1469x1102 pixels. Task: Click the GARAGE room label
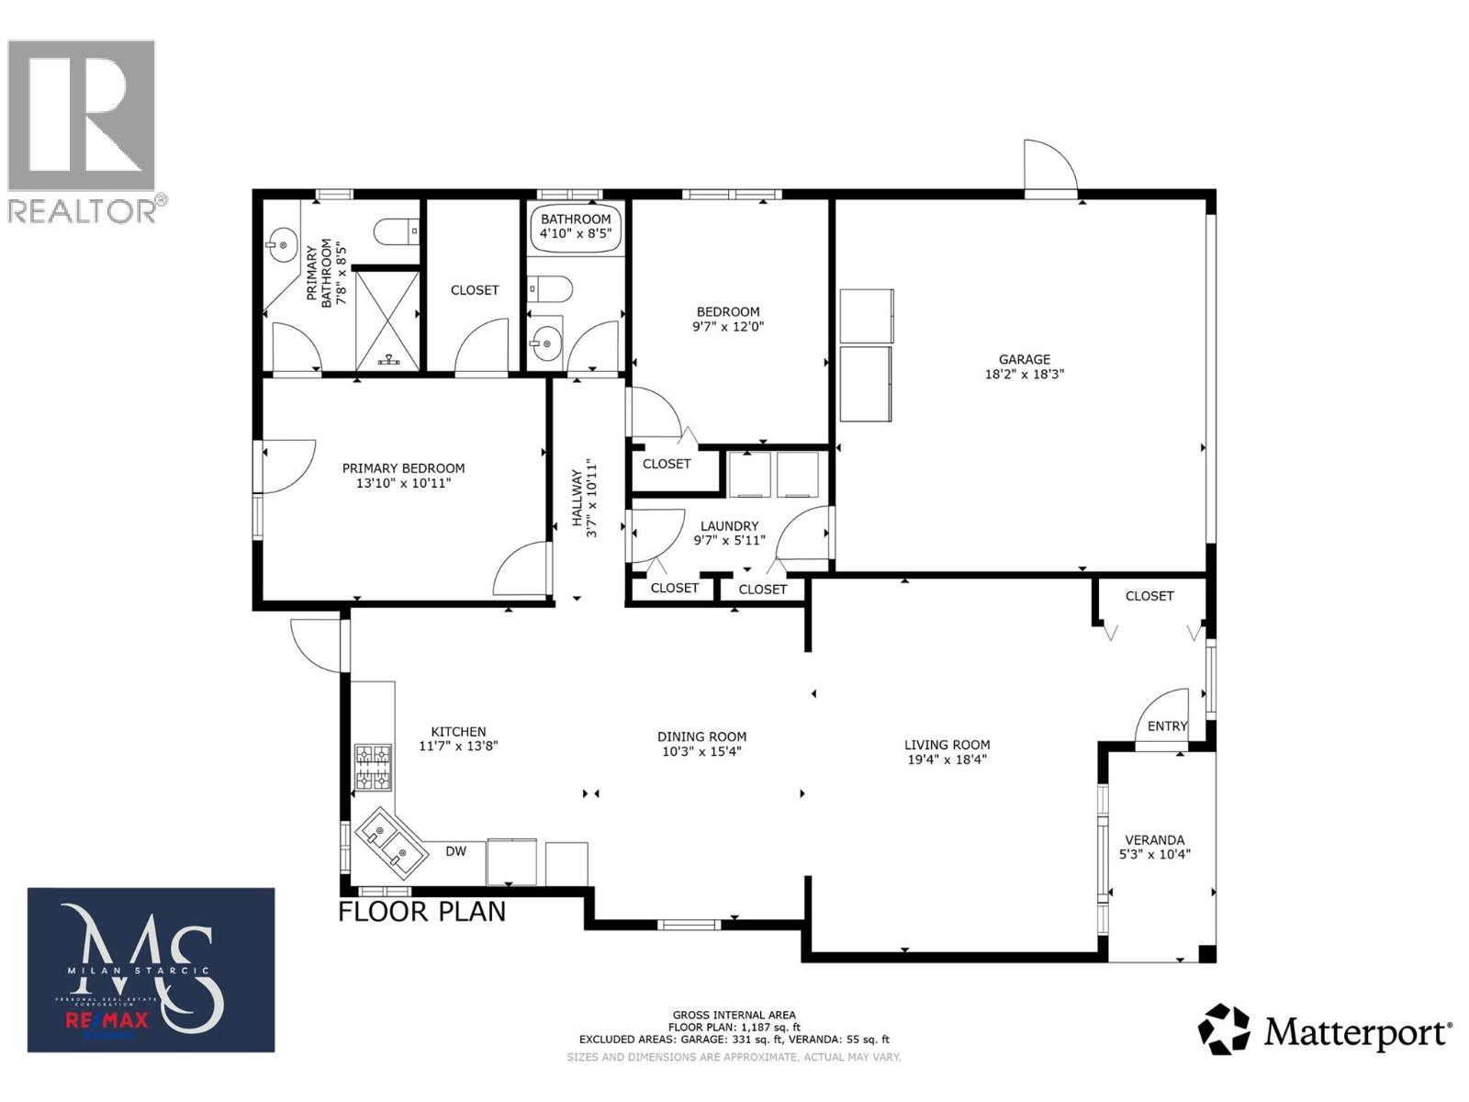(x=1024, y=359)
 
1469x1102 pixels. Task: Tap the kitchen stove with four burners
(x=374, y=768)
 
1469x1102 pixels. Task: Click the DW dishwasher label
(x=456, y=851)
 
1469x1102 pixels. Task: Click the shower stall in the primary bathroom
(x=387, y=319)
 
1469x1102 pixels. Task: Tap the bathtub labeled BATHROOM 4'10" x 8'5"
(x=576, y=226)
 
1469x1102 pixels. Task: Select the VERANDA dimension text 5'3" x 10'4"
(x=1154, y=854)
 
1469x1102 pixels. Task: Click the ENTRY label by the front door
(x=1167, y=726)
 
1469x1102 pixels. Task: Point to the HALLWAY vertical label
(x=584, y=499)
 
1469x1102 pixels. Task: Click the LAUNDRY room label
(x=729, y=526)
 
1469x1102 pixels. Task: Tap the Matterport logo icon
(x=1224, y=1029)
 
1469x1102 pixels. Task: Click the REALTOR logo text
(x=83, y=210)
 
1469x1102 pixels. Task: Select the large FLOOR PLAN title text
(x=421, y=912)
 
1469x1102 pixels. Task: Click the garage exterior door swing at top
(x=1048, y=168)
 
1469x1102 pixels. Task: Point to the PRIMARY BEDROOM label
(x=403, y=468)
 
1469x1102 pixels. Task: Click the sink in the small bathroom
(x=544, y=344)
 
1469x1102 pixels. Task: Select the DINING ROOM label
(x=701, y=737)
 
